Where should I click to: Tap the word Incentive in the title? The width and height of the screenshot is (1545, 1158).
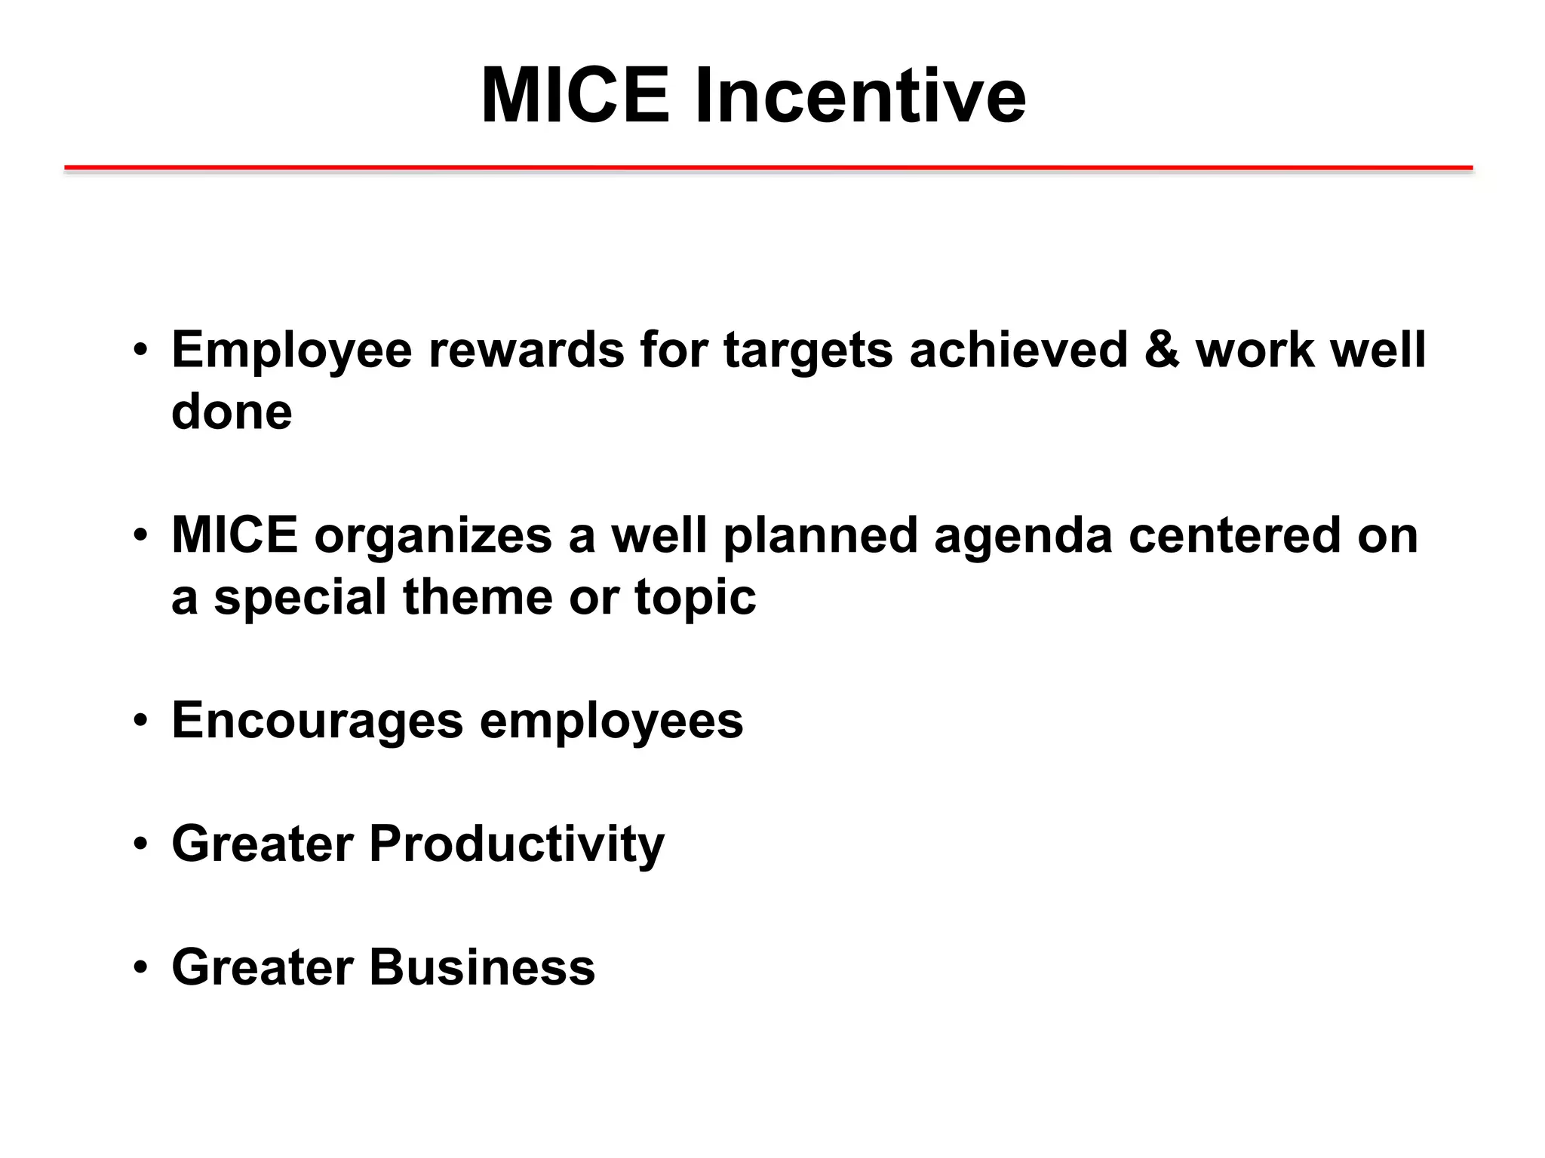tap(860, 96)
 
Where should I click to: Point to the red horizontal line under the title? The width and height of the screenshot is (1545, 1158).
tap(768, 167)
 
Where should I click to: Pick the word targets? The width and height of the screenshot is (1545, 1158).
tap(807, 351)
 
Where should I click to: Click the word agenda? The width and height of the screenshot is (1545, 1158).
tap(1023, 537)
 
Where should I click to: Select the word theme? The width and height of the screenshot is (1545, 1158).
tap(478, 597)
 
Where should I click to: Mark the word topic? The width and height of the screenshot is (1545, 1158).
tap(695, 599)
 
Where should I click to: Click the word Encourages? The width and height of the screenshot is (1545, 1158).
tap(317, 721)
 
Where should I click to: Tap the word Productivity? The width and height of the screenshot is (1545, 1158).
tap(517, 844)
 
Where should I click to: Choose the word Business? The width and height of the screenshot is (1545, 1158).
tap(482, 967)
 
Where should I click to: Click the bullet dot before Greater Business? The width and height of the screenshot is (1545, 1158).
tap(140, 967)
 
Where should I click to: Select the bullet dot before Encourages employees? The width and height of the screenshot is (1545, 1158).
tap(140, 721)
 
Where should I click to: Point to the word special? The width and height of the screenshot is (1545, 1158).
tap(299, 599)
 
